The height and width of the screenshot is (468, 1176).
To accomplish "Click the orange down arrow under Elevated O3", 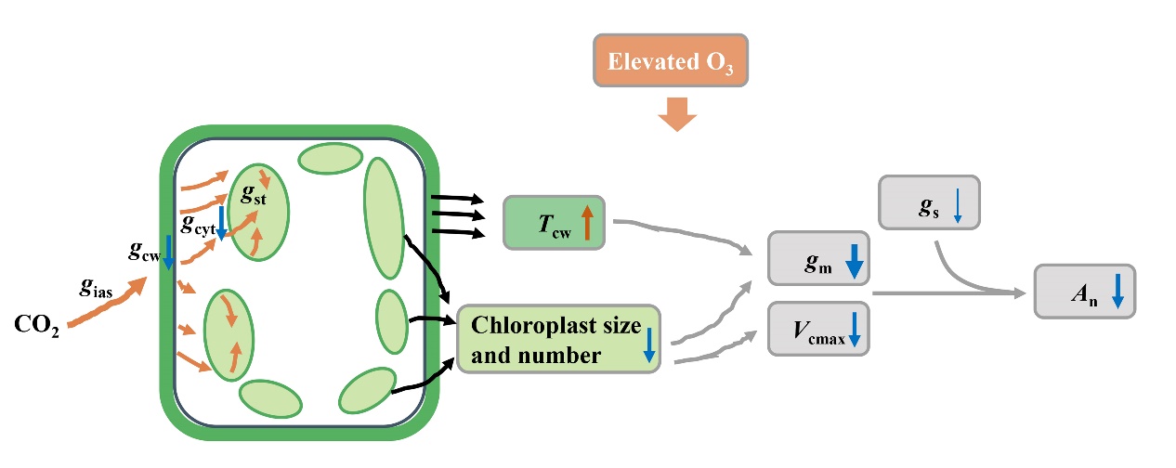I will pos(675,116).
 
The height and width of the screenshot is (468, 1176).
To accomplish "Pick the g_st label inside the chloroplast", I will pos(253,195).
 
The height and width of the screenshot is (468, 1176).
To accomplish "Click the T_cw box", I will pos(554,222).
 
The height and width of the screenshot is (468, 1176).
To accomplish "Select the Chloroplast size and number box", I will pos(559,340).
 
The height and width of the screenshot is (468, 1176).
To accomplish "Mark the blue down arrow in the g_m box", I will pos(854,262).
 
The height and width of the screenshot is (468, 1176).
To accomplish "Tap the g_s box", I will pos(928,201).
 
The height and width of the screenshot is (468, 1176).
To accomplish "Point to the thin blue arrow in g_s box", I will pos(958,207).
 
